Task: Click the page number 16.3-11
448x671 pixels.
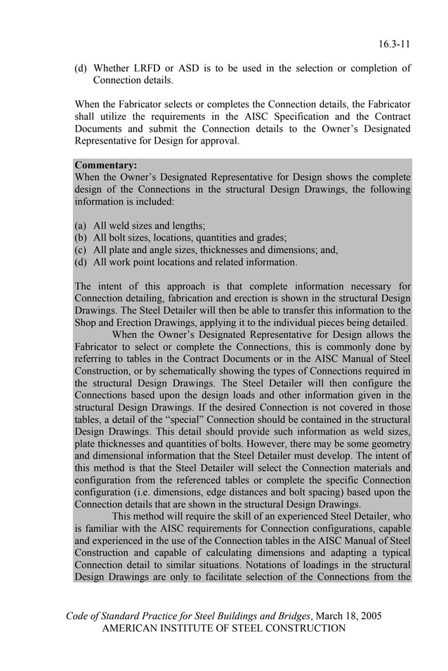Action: pos(394,44)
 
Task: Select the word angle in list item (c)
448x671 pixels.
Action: pos(161,250)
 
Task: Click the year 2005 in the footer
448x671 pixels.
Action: pos(369,616)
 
